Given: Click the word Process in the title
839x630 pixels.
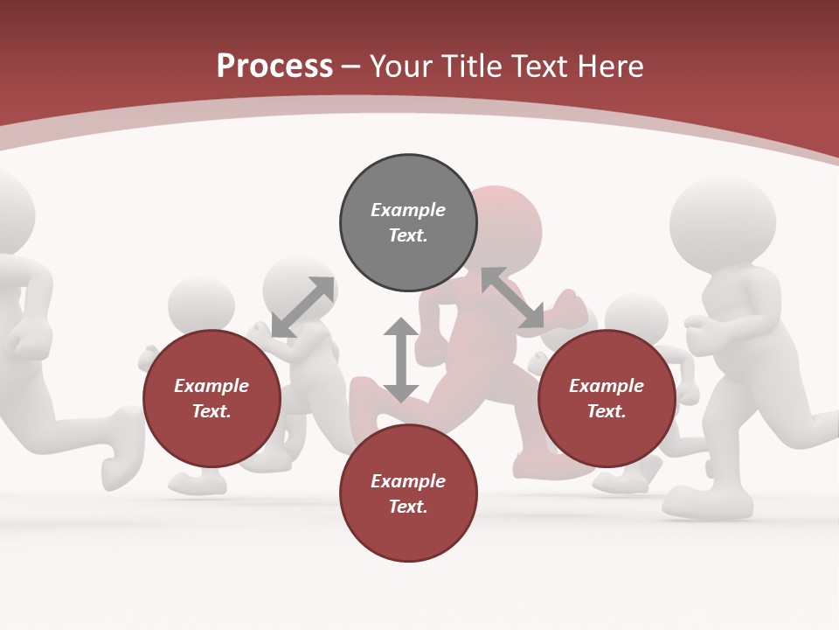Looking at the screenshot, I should [274, 66].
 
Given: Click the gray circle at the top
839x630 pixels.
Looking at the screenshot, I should [408, 223].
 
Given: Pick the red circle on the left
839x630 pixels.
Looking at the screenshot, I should [211, 398].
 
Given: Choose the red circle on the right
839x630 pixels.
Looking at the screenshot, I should [607, 398].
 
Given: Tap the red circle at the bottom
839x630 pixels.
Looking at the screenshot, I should [408, 493].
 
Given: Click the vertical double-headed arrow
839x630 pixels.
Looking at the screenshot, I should [401, 360].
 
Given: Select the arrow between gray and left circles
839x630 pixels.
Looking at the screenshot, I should [302, 307].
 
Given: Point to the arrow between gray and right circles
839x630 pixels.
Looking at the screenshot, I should [512, 297].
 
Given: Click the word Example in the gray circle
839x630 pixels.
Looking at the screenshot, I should [408, 210].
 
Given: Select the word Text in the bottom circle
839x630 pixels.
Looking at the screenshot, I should [408, 507].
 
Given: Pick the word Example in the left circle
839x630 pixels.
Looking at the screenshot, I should [211, 386].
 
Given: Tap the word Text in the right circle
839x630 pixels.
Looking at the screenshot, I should [607, 411].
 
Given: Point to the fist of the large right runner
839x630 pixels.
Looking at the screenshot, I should [700, 329].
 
